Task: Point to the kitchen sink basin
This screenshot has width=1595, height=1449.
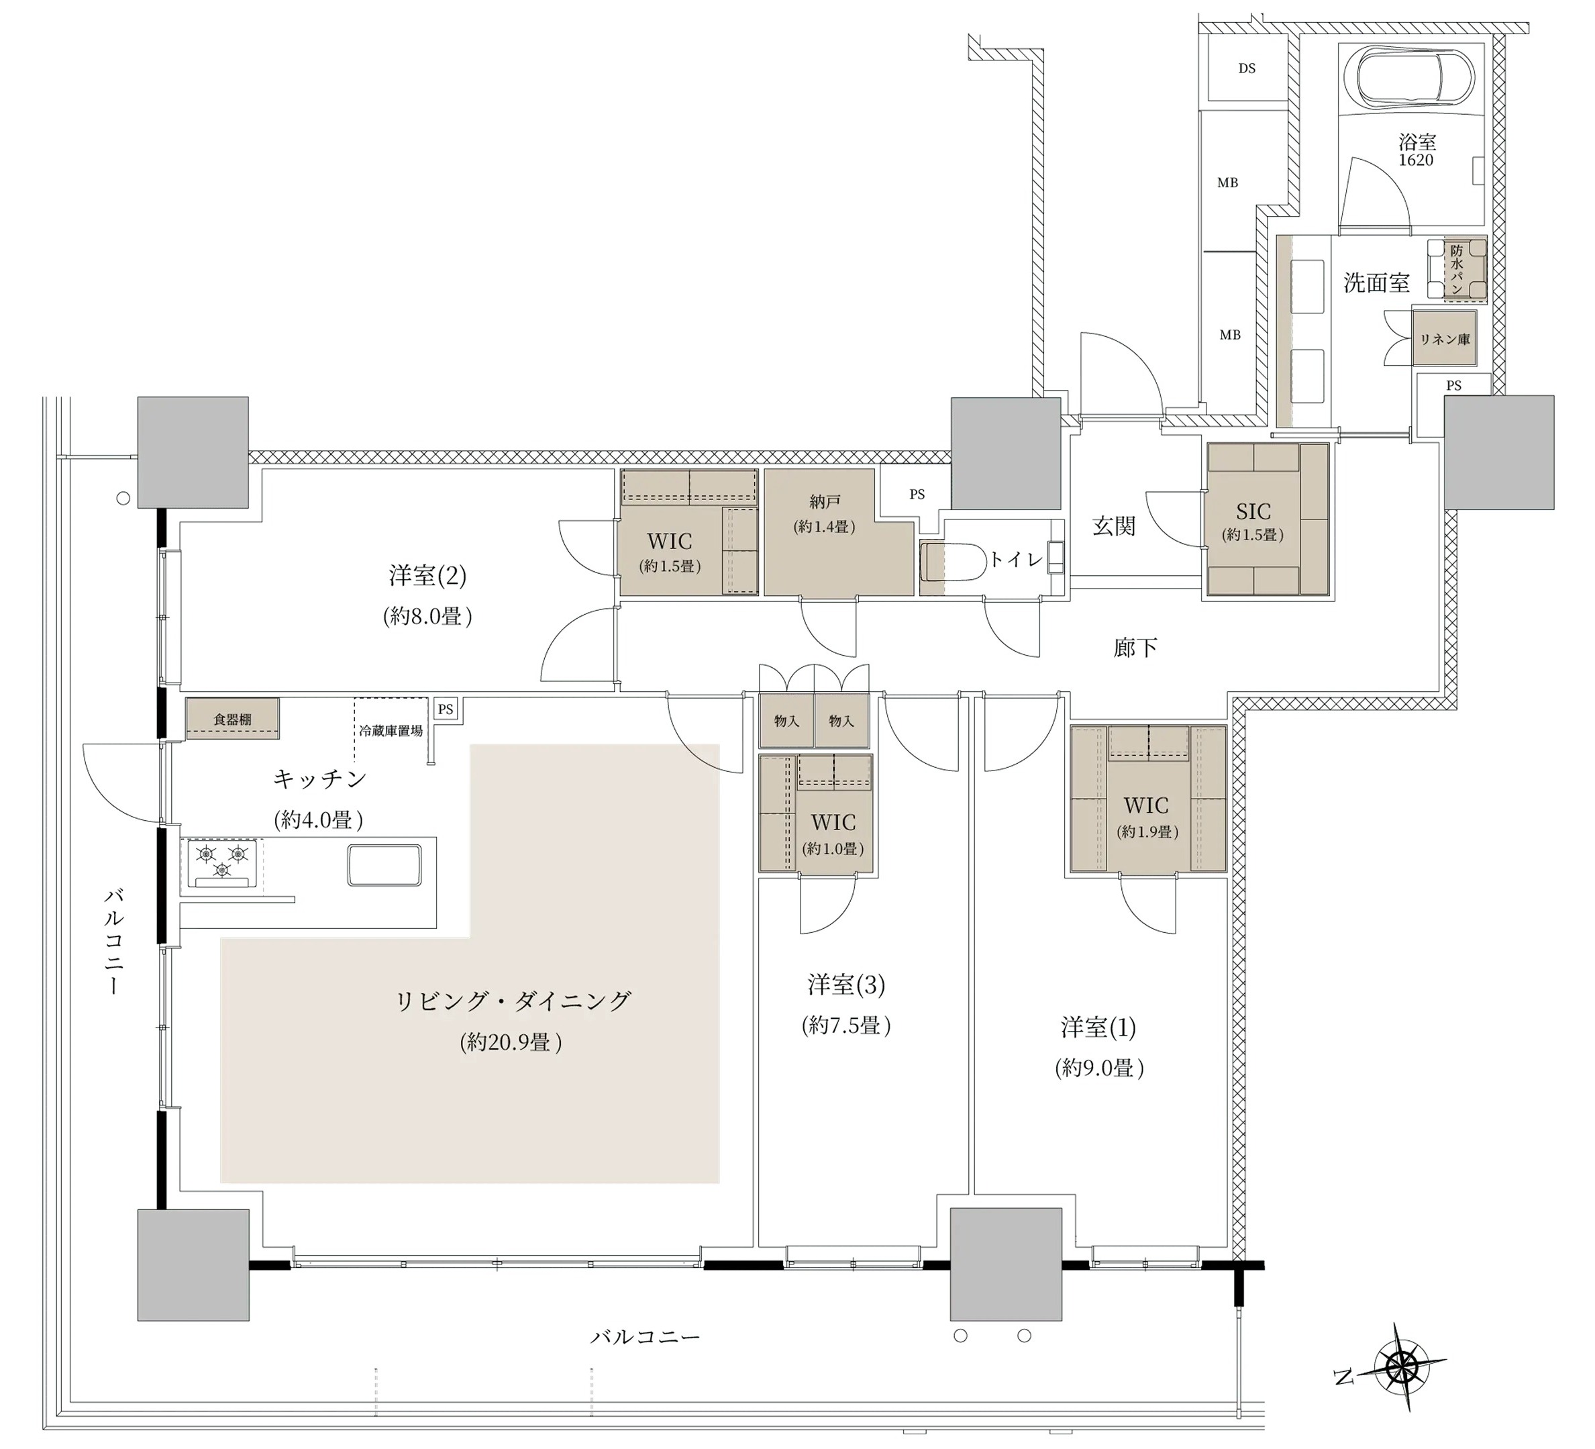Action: pyautogui.click(x=384, y=865)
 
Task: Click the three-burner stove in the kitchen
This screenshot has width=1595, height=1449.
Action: pyautogui.click(x=222, y=862)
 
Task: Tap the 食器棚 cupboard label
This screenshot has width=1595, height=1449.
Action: pyautogui.click(x=233, y=719)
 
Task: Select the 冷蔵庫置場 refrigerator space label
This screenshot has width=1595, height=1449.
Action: pyautogui.click(x=390, y=730)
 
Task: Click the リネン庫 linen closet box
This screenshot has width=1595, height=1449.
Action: pyautogui.click(x=1445, y=339)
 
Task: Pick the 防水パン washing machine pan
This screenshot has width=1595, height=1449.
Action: pyautogui.click(x=1457, y=269)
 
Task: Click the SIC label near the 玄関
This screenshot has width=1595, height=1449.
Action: pyautogui.click(x=1253, y=511)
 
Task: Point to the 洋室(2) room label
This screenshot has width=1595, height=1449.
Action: pyautogui.click(x=427, y=575)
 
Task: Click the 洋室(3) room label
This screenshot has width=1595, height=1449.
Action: pyautogui.click(x=845, y=985)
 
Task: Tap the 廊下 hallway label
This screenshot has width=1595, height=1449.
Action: pyautogui.click(x=1135, y=648)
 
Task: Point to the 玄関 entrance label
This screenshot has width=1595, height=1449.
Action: pyautogui.click(x=1114, y=526)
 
